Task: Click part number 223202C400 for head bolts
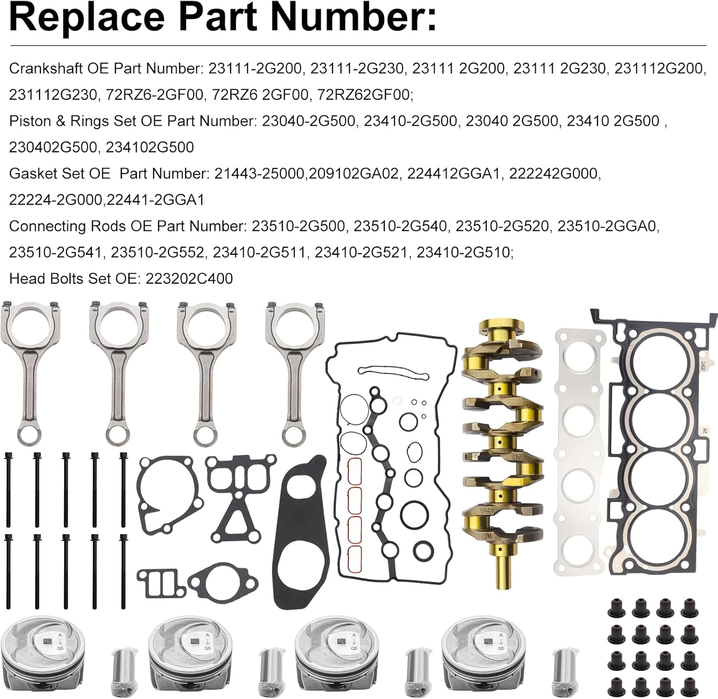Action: click(187, 278)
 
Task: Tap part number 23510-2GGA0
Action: click(608, 226)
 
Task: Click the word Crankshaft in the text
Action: click(46, 69)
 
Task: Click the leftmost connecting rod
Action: click(30, 368)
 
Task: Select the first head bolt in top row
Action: click(8, 488)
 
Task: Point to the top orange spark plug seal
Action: click(355, 471)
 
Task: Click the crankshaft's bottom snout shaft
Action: click(502, 569)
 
